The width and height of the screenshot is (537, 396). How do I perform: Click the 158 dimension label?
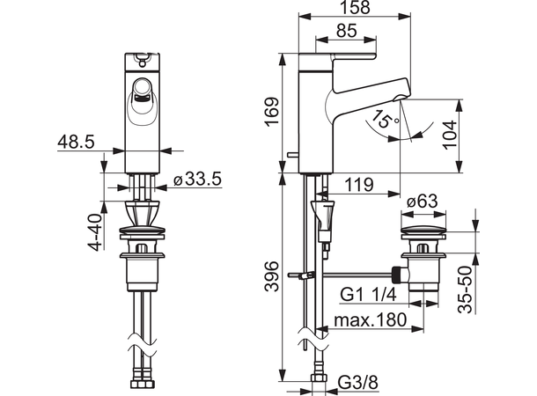pos(357,8)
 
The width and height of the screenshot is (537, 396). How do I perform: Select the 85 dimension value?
pos(347,31)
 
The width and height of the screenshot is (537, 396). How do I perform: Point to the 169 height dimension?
pos(273,113)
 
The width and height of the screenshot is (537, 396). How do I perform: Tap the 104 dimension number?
pos(450,134)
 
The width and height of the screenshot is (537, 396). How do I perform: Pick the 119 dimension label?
pos(358,185)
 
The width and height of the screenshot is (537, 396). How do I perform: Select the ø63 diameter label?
pos(423,202)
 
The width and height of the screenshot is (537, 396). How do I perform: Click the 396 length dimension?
pos(273,276)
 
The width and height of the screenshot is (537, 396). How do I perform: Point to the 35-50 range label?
pos(465,290)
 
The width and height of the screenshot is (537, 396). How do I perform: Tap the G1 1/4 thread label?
pos(369,294)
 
